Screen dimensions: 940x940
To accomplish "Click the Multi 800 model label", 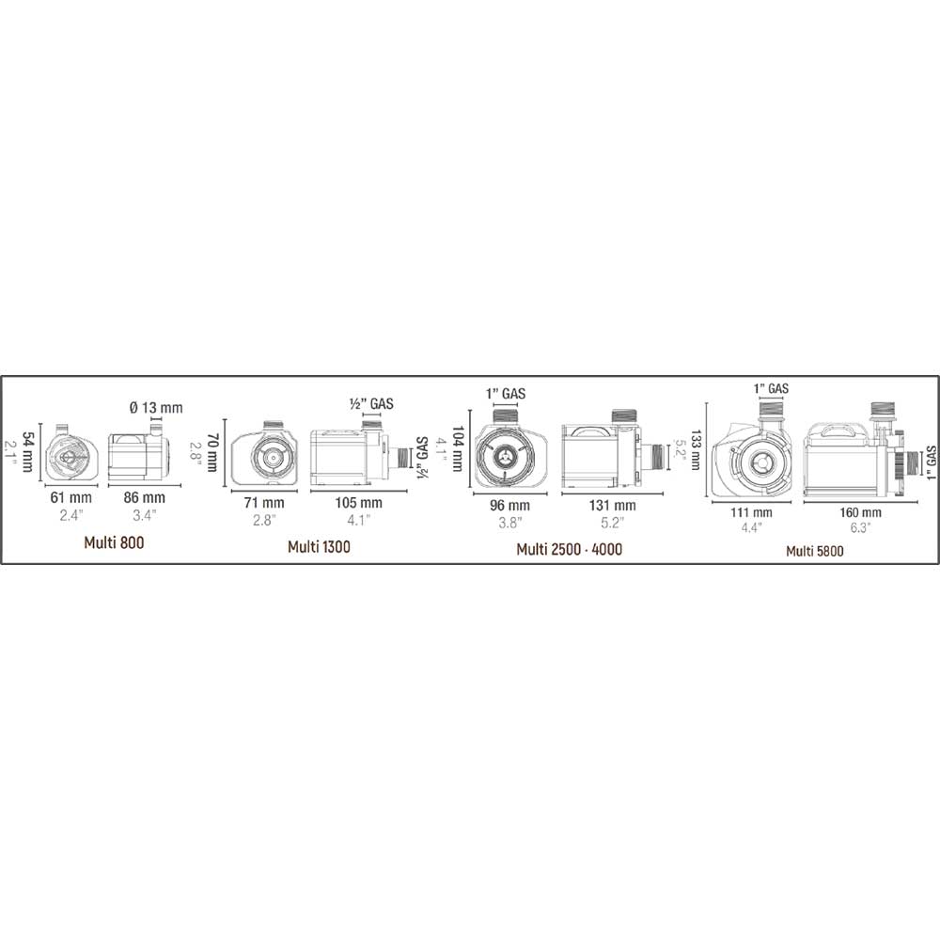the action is click(114, 542).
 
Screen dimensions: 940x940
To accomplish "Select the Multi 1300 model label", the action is click(319, 547).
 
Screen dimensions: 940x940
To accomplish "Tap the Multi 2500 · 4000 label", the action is click(569, 549).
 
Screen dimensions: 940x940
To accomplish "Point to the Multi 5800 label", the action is click(815, 551).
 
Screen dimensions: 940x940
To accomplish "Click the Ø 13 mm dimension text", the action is click(156, 408).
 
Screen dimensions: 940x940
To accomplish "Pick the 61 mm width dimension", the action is click(70, 497).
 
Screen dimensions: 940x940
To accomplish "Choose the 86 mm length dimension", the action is click(145, 497).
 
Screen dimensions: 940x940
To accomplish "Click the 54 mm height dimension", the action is click(27, 452).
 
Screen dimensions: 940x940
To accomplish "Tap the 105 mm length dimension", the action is click(358, 503).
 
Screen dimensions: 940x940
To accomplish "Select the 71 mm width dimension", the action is click(264, 503).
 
